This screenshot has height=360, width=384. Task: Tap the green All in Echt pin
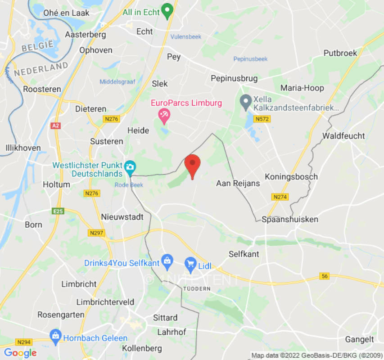[x=168, y=11]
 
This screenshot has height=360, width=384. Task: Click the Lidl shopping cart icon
[x=191, y=262]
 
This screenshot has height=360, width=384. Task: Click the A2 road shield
[x=56, y=126]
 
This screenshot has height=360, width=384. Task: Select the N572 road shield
[x=262, y=119]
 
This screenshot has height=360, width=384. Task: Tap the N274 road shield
[x=280, y=197]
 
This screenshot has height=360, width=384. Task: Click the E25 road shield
[x=58, y=211]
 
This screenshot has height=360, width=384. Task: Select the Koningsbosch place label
[x=291, y=176]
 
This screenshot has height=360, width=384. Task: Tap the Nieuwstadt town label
[x=122, y=217]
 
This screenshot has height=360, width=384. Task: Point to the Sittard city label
[x=165, y=318]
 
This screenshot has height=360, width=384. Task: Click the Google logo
[x=20, y=353]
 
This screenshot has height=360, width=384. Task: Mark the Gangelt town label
[x=359, y=339]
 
